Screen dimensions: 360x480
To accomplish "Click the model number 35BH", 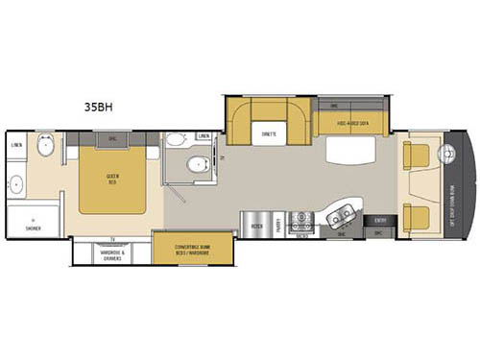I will click(94, 96).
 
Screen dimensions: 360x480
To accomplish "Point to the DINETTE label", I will click(268, 134).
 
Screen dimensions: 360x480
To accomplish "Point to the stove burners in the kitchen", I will click(303, 218).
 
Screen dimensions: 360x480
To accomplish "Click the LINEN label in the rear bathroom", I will click(16, 145).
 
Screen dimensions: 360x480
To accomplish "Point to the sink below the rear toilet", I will click(16, 182).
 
